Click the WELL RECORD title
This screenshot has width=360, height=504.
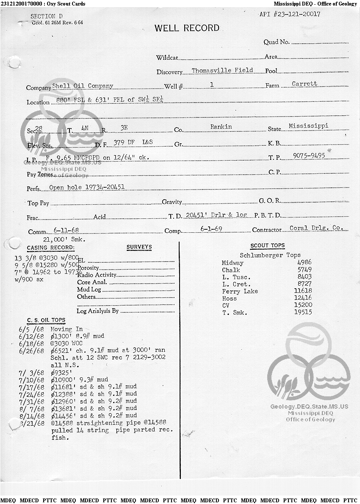coord(187,28)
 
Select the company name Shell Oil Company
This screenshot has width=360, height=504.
coord(83,86)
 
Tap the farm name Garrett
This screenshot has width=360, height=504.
coord(304,84)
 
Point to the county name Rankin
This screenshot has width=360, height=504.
coord(221,127)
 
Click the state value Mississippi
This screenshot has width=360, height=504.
coord(308,126)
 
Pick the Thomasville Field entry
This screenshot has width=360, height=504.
coord(222,70)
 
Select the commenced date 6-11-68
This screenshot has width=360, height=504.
coord(66,230)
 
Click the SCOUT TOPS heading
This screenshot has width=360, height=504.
coord(268,246)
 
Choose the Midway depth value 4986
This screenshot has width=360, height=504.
coord(305,263)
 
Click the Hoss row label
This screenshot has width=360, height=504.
coord(229,298)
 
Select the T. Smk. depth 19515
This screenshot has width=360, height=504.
coord(303,312)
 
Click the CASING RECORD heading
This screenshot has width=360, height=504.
coord(50,248)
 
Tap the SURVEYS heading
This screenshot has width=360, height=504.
coord(139,247)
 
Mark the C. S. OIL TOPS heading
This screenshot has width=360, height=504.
coord(46,320)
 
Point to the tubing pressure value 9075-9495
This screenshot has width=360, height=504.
coord(309,156)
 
